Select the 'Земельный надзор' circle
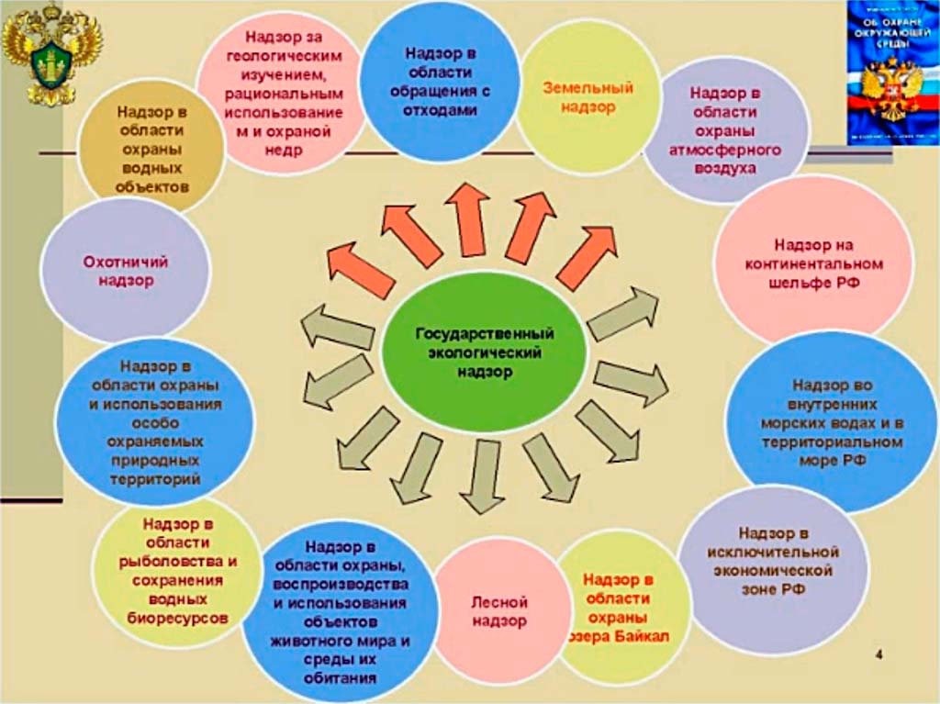(x=588, y=96)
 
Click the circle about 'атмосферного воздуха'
(x=725, y=129)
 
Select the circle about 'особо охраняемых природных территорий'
(x=154, y=423)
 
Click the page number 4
(x=879, y=654)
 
